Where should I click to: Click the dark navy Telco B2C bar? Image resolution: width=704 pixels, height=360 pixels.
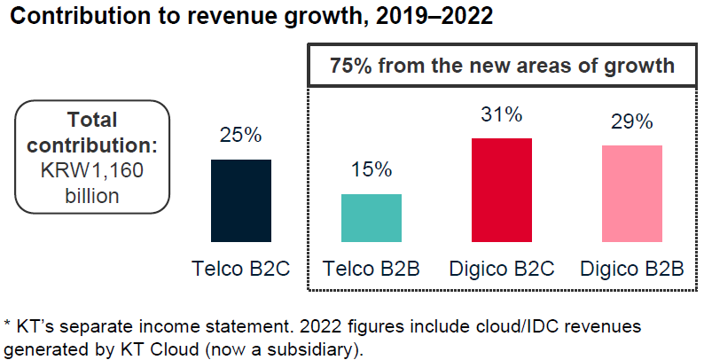click(x=240, y=200)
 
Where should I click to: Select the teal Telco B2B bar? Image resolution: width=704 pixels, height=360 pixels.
click(x=372, y=217)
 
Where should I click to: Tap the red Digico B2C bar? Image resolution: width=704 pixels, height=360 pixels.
click(x=501, y=190)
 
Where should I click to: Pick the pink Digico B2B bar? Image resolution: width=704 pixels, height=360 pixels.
click(x=631, y=193)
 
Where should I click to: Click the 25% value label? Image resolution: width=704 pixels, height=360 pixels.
click(x=240, y=136)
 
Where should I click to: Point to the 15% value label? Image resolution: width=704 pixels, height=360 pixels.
click(x=372, y=171)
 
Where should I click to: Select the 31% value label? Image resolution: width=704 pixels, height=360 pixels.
click(x=501, y=114)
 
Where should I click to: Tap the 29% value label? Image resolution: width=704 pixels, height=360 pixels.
click(x=631, y=122)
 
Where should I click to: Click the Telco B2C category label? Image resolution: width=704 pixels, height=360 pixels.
click(x=240, y=268)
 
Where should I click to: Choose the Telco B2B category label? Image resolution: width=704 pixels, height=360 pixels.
click(x=372, y=268)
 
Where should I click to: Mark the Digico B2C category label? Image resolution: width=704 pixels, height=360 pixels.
click(x=501, y=268)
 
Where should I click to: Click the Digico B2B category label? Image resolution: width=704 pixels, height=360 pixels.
click(x=631, y=268)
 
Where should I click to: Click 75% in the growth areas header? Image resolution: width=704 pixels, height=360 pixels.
click(x=350, y=67)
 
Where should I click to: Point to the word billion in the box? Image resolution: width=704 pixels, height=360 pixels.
click(x=92, y=195)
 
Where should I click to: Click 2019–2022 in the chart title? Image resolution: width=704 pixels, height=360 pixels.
click(x=426, y=18)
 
